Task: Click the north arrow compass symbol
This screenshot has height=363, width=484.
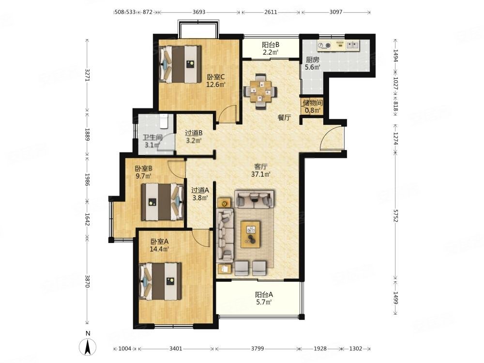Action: tap(88, 347)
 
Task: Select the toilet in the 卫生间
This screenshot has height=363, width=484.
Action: tap(164, 121)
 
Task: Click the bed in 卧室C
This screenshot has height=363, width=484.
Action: tap(180, 64)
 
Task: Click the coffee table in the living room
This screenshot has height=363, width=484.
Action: tap(250, 234)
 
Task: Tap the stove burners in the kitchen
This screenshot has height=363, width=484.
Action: tap(324, 45)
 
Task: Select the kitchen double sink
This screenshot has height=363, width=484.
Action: tap(352, 45)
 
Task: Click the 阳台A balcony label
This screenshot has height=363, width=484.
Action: tap(264, 295)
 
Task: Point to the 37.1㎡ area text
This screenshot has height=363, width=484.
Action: tap(261, 174)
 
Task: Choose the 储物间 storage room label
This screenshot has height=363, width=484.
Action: tap(312, 103)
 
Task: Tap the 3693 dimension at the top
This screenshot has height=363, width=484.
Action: tap(199, 12)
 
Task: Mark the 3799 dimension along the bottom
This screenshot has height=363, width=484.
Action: tap(257, 348)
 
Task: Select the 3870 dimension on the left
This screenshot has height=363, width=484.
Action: tap(87, 281)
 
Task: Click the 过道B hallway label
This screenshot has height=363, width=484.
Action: tap(194, 133)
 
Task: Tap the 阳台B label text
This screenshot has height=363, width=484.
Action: tap(271, 45)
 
